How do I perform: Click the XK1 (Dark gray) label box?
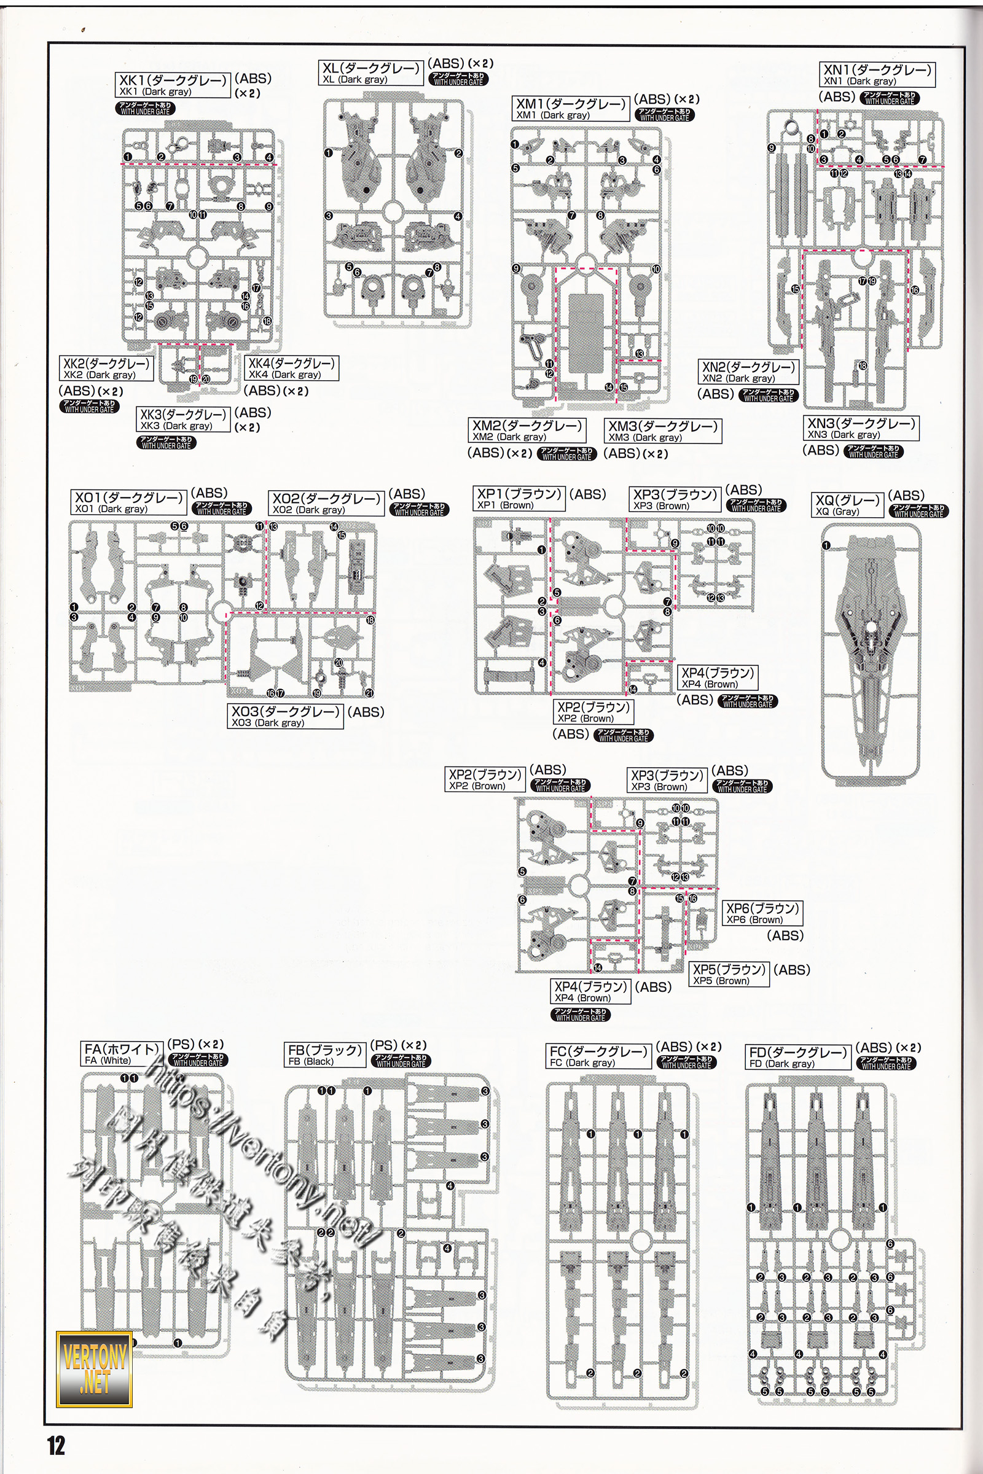pos(174,85)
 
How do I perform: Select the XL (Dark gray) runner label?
pos(371,73)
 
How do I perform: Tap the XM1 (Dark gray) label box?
pos(571,109)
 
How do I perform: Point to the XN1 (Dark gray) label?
pos(877,74)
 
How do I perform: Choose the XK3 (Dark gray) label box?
pos(183,419)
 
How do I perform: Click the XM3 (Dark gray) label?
pos(663,431)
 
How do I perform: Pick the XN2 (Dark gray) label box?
pos(748,372)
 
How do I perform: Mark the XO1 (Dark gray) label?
pos(128,502)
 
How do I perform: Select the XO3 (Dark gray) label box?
pos(286,716)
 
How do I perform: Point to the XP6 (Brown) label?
pos(762,913)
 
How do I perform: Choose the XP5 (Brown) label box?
pos(729,975)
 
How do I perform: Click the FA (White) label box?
pos(122,1054)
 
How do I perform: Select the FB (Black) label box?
pos(326,1055)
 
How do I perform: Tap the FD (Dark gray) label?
pos(798,1056)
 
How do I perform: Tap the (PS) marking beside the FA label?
pos(181,1045)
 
